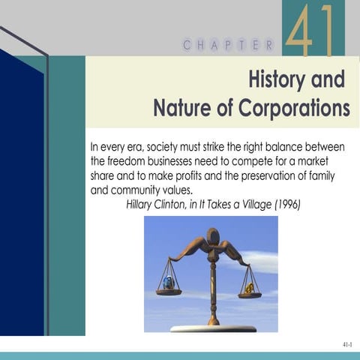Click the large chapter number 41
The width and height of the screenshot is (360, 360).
coord(309,31)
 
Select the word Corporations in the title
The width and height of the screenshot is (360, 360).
coord(294,109)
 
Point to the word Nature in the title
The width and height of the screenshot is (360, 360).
coord(181,109)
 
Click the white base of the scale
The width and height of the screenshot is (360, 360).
coord(213,328)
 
